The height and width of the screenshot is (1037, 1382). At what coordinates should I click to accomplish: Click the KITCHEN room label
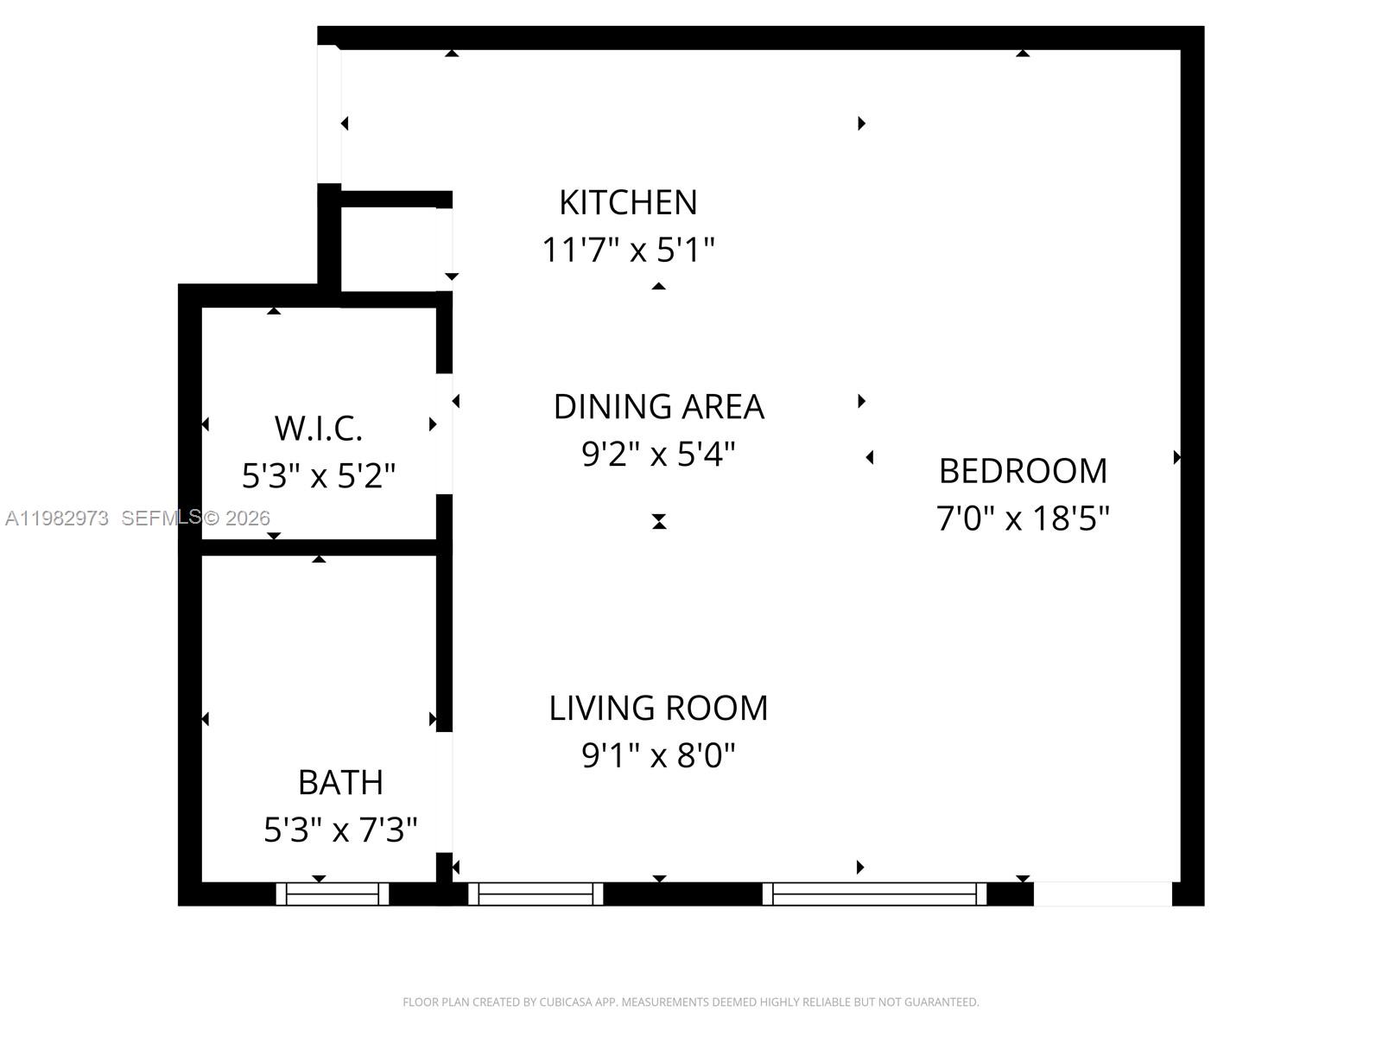(x=628, y=202)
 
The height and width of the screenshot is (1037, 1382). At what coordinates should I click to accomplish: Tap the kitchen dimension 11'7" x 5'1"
(x=628, y=250)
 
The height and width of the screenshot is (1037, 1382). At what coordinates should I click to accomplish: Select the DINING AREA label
(x=658, y=406)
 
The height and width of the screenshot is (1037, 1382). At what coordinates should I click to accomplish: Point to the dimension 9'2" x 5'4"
(x=658, y=453)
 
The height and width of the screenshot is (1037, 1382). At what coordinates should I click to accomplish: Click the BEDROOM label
(x=1023, y=471)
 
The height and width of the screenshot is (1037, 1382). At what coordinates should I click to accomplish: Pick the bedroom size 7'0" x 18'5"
(x=1023, y=518)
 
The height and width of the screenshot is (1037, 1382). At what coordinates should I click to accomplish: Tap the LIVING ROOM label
(x=658, y=708)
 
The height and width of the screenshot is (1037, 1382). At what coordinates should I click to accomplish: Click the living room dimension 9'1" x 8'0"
(x=658, y=755)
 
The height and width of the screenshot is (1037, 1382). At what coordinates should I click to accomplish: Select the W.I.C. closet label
(x=318, y=428)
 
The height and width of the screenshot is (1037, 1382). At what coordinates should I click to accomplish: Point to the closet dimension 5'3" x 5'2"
(x=318, y=475)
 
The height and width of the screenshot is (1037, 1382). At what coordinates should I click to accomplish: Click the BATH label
(x=340, y=782)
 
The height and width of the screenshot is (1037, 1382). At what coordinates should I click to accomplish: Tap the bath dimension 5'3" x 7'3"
(x=340, y=830)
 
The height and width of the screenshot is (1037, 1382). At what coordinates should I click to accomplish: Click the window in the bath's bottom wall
(x=333, y=894)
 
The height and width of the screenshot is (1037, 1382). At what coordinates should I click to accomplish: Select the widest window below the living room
(x=874, y=894)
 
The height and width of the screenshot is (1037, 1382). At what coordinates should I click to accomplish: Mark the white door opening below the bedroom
(x=1102, y=894)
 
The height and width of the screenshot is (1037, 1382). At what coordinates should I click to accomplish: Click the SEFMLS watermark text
(x=161, y=518)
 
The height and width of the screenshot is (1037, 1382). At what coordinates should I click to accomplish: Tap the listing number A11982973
(x=57, y=518)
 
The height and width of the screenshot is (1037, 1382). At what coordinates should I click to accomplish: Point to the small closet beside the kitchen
(x=389, y=250)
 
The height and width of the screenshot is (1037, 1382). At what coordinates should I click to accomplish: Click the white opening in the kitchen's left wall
(x=329, y=114)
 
